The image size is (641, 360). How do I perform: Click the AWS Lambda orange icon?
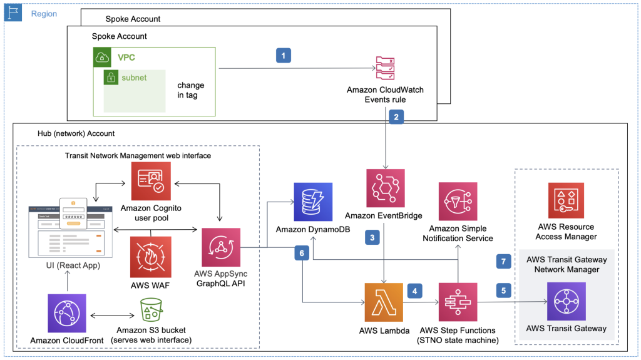point(384,302)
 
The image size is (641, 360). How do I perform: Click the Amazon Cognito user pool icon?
point(150,181)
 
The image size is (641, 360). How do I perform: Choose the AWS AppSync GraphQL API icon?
point(221,247)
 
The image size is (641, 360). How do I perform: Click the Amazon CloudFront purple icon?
point(67,313)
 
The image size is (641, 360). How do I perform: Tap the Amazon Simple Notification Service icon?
point(458,202)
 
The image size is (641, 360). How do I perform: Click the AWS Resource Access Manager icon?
point(566,201)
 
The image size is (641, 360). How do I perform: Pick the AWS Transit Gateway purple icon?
point(566,301)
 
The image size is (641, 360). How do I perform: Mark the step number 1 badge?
point(284,56)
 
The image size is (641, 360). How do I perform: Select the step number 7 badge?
point(503,261)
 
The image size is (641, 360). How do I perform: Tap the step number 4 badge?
point(414,291)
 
